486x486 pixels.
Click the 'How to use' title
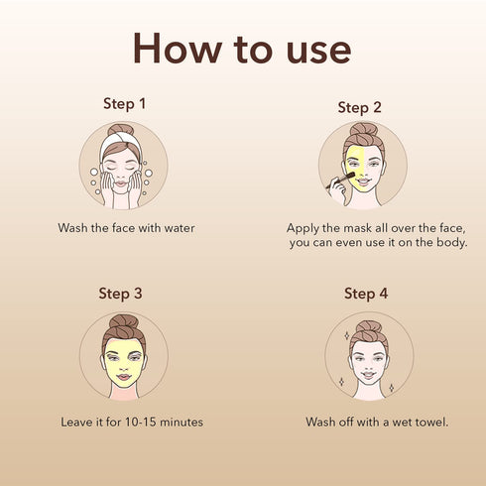point(243,47)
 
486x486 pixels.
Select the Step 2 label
point(359,107)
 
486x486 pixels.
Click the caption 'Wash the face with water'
point(125,228)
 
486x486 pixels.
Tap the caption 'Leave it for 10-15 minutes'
point(131,423)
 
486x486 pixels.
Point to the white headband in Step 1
point(123,142)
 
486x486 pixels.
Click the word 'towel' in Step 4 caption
point(428,423)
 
